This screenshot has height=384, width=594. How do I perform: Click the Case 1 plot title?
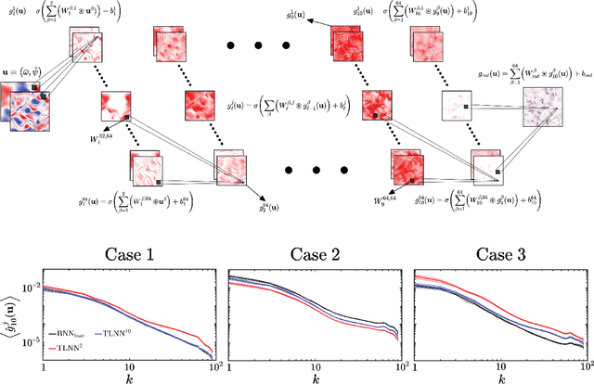(x=130, y=253)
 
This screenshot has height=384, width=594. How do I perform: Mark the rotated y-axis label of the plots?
(x=9, y=315)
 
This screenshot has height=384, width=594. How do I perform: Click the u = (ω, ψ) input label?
(x=26, y=70)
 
